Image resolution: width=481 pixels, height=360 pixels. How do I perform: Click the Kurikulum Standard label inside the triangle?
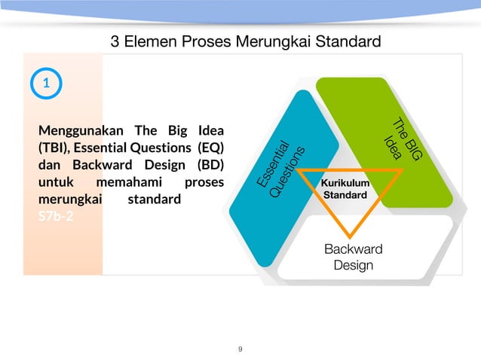tap(345, 189)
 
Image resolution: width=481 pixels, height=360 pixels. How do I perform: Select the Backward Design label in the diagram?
tap(353, 257)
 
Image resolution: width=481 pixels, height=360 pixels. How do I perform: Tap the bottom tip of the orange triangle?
tap(348, 236)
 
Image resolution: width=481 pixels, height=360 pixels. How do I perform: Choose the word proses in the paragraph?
tap(204, 183)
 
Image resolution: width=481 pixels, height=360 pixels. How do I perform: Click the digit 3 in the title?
tap(115, 41)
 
